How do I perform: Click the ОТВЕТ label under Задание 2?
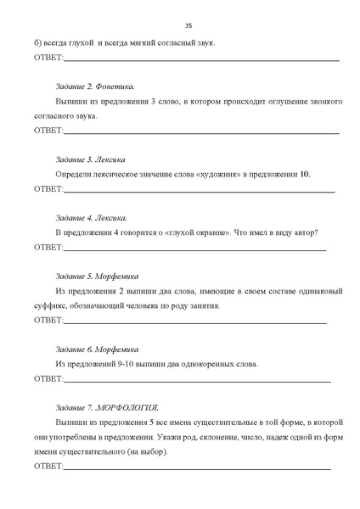[48, 131]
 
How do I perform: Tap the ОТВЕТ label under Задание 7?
[48, 467]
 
